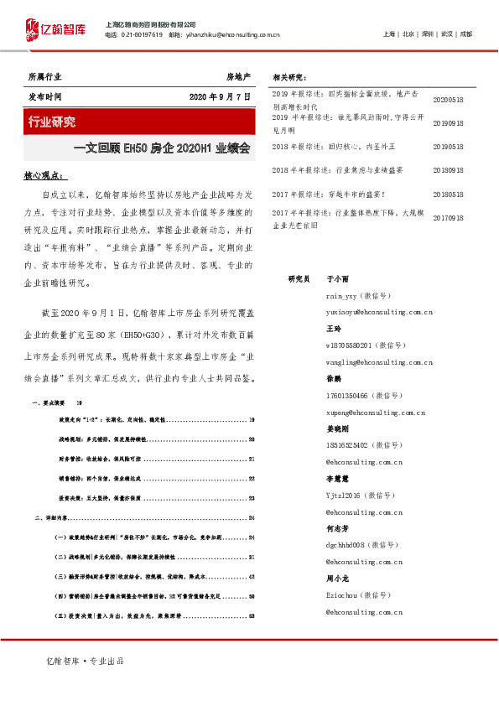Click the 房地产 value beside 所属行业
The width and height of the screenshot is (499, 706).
click(238, 76)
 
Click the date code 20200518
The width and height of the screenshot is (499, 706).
click(448, 99)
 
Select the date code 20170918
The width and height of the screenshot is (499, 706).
click(448, 218)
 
